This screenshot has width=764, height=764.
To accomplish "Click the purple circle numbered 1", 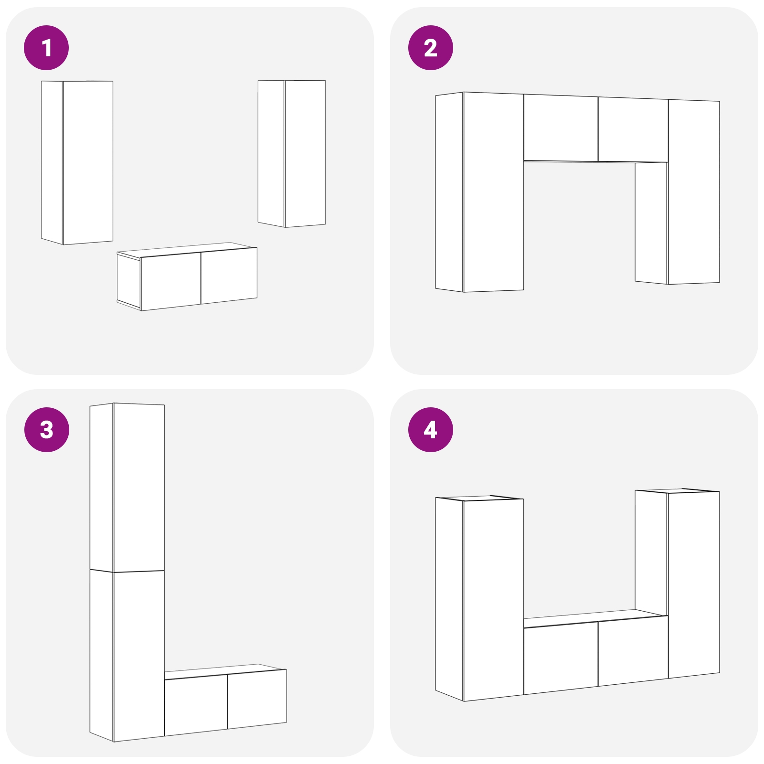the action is click(46, 48).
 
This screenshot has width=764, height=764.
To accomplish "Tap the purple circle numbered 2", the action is click(431, 48).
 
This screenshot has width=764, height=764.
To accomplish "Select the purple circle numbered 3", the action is click(46, 430).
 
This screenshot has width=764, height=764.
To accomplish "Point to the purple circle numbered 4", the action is click(431, 430).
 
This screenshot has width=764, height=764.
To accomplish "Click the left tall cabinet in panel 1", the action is click(77, 162).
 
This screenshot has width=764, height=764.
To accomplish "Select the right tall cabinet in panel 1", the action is click(292, 153).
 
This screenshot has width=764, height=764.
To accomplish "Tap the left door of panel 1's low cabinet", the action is click(171, 281).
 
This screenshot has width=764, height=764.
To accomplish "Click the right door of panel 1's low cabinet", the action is click(229, 276).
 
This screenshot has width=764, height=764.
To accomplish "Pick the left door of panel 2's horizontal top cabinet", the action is click(561, 127).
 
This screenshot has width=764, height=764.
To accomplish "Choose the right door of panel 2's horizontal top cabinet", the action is click(633, 130).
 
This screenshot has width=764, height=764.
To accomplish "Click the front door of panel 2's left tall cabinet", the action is click(493, 192).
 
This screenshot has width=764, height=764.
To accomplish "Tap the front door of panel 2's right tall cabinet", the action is click(694, 192).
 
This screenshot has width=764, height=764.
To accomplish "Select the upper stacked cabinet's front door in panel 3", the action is click(139, 488).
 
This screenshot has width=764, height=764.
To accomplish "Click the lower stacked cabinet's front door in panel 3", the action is click(139, 656).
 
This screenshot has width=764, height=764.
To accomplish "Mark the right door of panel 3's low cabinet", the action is click(257, 700).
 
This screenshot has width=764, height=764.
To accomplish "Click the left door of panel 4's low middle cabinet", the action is click(561, 658).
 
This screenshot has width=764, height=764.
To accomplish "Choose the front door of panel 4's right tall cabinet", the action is click(694, 584).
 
